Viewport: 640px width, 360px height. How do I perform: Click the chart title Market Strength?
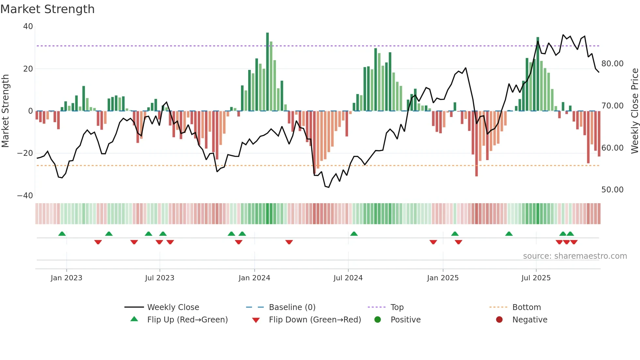click(48, 9)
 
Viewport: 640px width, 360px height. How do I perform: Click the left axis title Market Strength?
click(6, 111)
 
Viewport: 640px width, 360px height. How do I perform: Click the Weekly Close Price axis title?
click(634, 111)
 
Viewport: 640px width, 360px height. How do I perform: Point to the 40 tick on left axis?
click(28, 26)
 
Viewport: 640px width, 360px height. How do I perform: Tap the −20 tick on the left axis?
click(25, 153)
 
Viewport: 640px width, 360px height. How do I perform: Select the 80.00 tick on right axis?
click(612, 64)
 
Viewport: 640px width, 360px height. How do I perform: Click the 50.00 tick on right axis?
click(612, 190)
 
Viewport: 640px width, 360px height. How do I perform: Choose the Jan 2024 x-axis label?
click(254, 278)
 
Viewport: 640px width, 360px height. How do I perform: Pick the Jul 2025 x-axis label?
click(536, 278)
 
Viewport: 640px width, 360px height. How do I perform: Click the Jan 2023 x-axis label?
click(67, 278)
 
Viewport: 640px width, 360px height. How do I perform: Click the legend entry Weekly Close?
click(173, 307)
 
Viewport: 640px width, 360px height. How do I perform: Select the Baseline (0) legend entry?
click(292, 307)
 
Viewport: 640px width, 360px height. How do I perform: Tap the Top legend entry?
click(397, 307)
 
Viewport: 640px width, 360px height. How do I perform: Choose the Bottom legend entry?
click(526, 307)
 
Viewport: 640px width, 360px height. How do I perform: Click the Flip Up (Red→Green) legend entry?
click(187, 320)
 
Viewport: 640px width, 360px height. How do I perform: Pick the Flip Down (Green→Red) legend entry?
click(315, 320)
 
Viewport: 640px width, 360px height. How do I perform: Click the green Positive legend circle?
click(378, 320)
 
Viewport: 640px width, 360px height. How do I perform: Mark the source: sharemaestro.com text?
click(575, 256)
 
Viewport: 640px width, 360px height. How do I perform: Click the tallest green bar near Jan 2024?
click(267, 72)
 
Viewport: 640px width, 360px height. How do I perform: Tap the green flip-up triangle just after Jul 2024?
click(354, 234)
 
